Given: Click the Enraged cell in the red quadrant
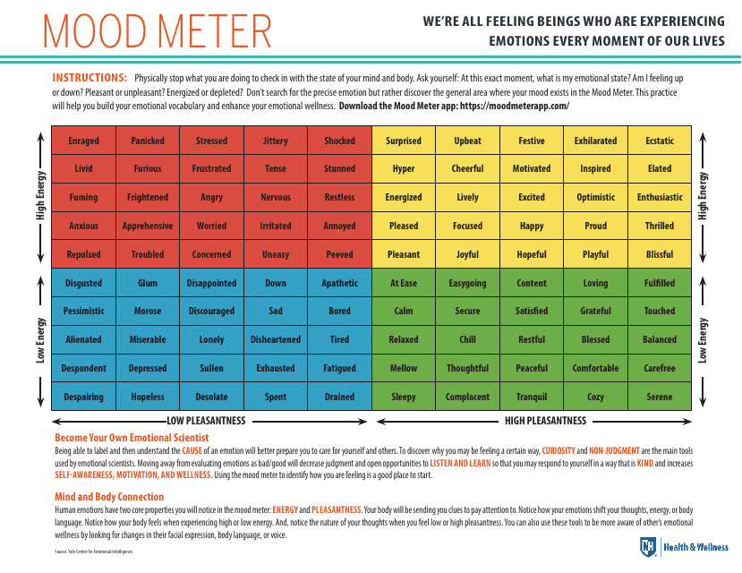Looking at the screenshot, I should click(83, 141).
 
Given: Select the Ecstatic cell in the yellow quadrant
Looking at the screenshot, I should click(660, 141).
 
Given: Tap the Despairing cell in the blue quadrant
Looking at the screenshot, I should click(83, 397).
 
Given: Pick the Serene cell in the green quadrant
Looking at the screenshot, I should click(660, 397).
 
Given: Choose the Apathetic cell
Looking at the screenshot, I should click(339, 283).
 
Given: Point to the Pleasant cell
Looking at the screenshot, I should click(404, 254).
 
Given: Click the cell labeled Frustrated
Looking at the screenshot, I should click(211, 168).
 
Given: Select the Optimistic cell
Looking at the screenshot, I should click(595, 197).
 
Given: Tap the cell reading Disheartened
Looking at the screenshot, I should click(276, 339).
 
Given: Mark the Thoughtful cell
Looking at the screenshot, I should click(467, 368).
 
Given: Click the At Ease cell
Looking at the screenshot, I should click(404, 283).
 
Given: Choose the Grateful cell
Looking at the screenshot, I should click(595, 311).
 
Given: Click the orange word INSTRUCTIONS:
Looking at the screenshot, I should click(90, 78).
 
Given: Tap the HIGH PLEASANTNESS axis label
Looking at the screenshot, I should click(545, 420).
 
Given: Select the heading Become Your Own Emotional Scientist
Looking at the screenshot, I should click(132, 438).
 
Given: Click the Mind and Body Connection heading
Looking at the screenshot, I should click(109, 497).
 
